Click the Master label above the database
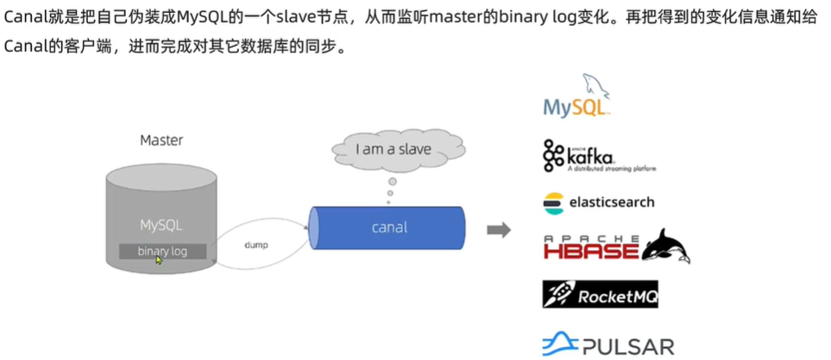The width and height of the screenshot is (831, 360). (x=161, y=140)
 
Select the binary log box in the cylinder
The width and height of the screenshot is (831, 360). (x=163, y=251)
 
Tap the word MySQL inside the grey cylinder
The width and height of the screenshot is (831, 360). (x=162, y=225)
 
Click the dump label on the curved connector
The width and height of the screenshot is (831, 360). (x=256, y=245)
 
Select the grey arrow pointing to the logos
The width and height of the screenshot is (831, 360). (x=499, y=230)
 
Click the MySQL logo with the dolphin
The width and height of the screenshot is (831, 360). (x=576, y=98)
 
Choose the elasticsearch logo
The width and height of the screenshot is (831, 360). (x=598, y=203)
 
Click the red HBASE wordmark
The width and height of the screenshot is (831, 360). (x=591, y=249)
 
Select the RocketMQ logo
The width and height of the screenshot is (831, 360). (x=601, y=294)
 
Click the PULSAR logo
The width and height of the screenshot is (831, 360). (x=608, y=345)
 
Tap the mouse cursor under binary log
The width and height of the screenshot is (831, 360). (x=159, y=259)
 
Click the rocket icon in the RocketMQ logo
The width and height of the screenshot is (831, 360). (x=558, y=294)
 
